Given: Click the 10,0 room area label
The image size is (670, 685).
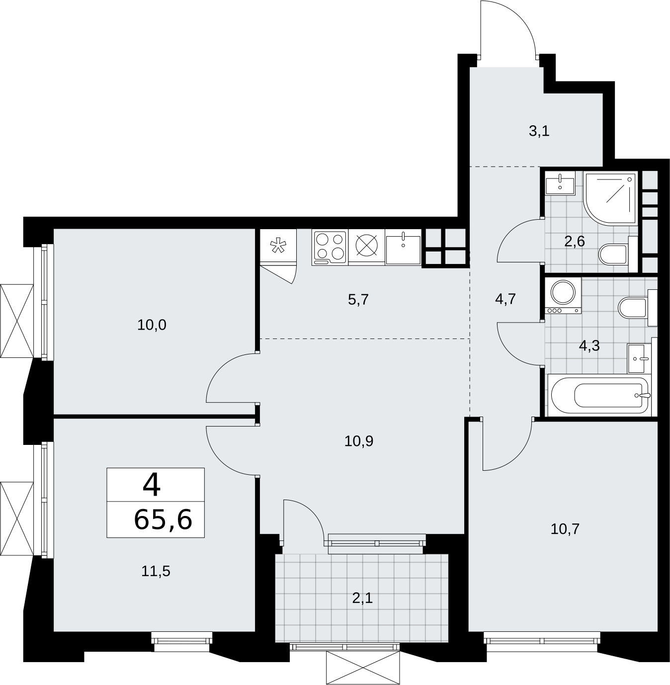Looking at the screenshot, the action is [x=152, y=325].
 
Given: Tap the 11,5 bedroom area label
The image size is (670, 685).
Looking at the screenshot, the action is [x=156, y=571].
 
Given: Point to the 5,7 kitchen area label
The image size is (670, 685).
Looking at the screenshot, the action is [x=358, y=300].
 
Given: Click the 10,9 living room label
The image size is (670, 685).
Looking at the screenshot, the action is [x=358, y=441].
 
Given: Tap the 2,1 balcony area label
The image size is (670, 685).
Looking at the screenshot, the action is [x=362, y=598].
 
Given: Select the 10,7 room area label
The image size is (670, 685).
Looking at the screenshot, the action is [x=565, y=539].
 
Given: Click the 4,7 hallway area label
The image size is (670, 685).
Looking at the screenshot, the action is [x=505, y=299].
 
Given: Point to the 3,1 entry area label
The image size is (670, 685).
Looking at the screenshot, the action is [x=539, y=131].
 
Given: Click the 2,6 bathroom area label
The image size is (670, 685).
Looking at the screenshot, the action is [x=574, y=242].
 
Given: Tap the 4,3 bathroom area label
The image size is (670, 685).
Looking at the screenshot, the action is [x=589, y=345].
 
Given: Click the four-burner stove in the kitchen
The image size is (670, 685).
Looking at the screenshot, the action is [x=330, y=247].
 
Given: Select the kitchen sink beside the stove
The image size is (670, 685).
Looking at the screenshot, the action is [x=403, y=248].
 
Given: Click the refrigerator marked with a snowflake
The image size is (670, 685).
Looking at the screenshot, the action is [x=278, y=246].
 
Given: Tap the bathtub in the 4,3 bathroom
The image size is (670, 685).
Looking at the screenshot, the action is [x=599, y=395].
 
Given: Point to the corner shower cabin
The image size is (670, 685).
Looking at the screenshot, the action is [x=610, y=198].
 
